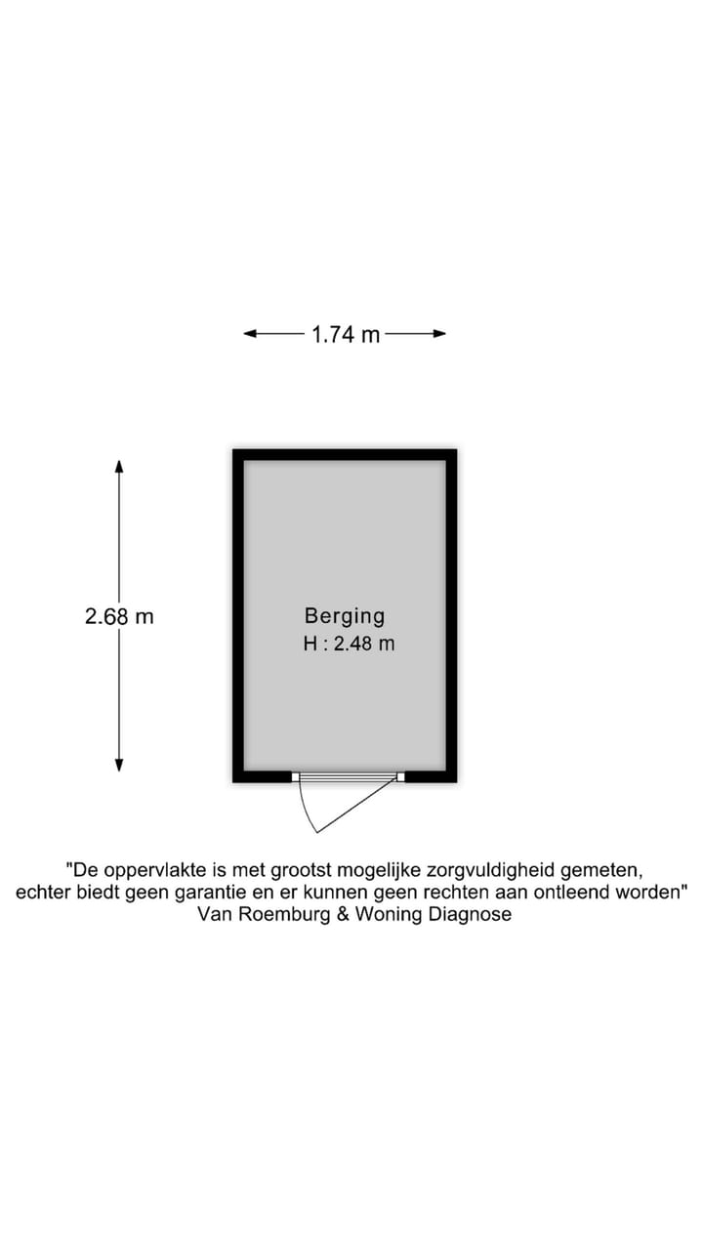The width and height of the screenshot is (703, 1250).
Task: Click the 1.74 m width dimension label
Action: point(346,335)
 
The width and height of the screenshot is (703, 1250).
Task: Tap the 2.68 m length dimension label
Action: point(119,616)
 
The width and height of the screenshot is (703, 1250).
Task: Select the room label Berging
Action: point(345,616)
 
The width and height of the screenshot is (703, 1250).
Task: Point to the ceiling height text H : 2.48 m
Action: point(349,644)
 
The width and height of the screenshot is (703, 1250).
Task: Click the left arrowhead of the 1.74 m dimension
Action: point(249,334)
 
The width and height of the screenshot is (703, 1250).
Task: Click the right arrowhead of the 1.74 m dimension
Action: point(440,334)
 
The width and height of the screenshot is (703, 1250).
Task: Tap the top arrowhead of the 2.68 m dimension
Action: point(119,466)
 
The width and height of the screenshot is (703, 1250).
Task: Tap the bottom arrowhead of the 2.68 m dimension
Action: point(119,765)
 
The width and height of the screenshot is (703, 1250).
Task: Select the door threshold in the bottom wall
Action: point(349,776)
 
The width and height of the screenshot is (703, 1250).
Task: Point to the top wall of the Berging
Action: point(345,455)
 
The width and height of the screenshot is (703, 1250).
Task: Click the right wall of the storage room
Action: point(451,615)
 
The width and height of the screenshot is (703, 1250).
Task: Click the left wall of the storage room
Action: point(238,615)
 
